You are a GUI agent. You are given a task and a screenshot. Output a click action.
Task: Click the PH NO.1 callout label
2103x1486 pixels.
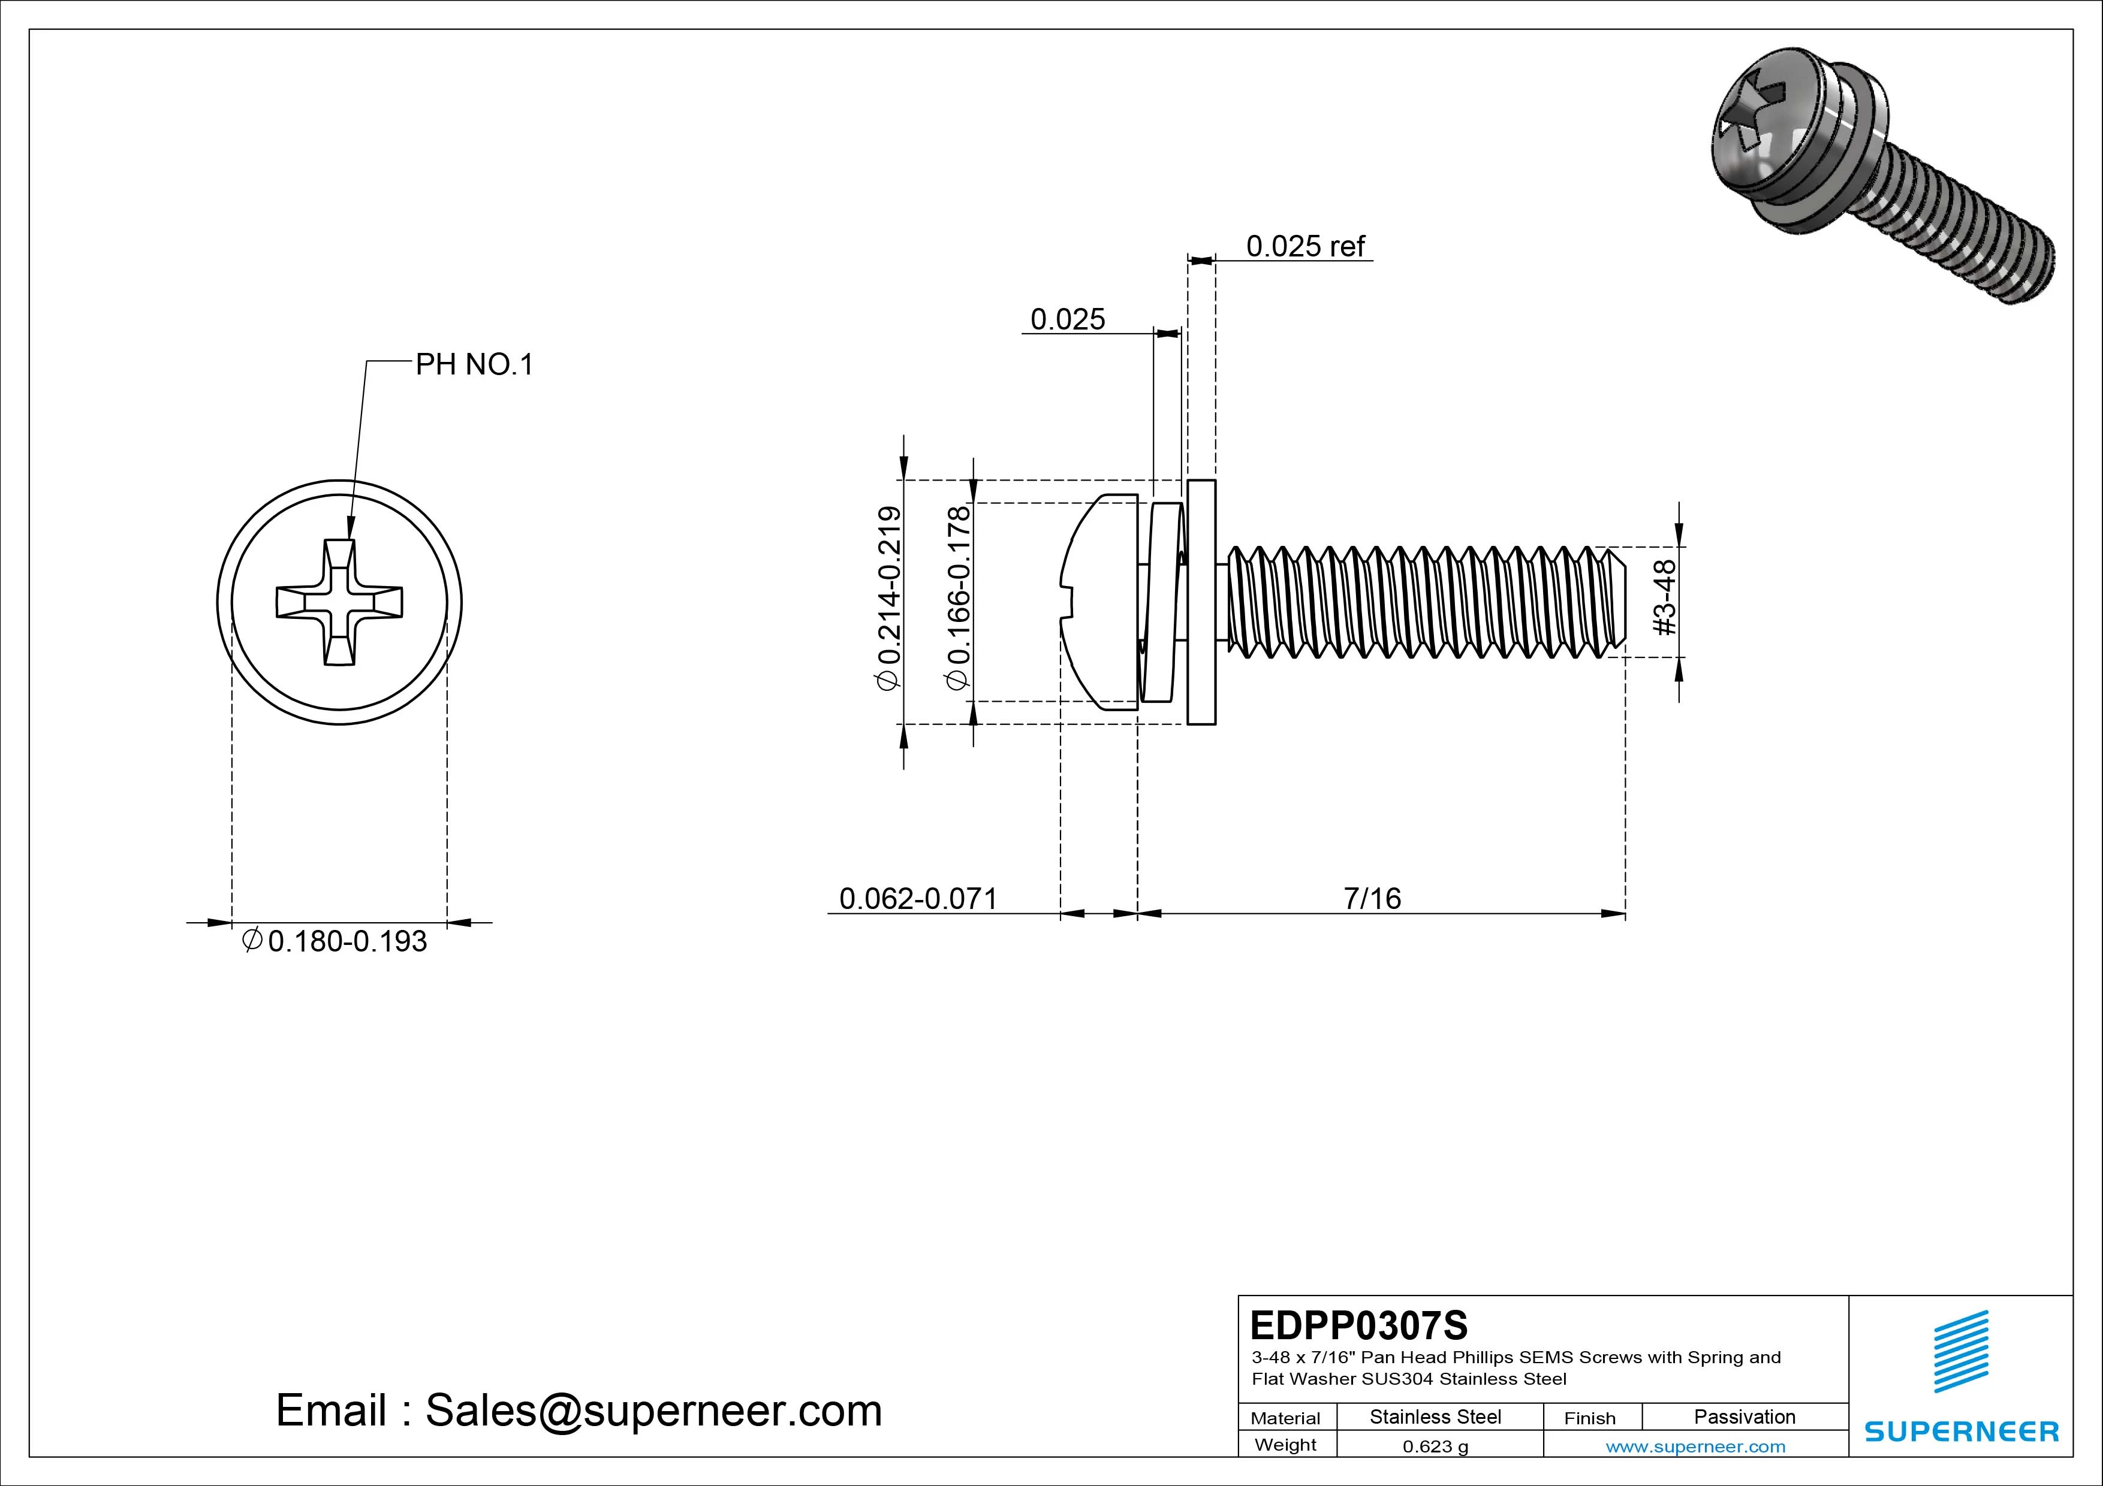pyautogui.click(x=474, y=366)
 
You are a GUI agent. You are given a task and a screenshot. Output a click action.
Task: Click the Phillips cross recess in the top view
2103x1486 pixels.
pyautogui.click(x=339, y=602)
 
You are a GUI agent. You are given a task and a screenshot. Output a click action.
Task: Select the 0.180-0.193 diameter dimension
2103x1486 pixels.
pyautogui.click(x=347, y=941)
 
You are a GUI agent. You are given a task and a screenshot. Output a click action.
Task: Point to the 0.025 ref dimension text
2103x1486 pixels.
pyautogui.click(x=1304, y=246)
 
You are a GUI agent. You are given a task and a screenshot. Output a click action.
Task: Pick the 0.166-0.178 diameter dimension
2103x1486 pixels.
pyautogui.click(x=958, y=598)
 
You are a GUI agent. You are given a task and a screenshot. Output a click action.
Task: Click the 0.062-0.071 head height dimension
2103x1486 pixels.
pyautogui.click(x=918, y=898)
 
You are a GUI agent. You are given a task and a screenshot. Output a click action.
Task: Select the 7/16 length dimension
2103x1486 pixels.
pyautogui.click(x=1371, y=898)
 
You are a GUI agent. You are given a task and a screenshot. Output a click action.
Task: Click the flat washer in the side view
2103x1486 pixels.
pyautogui.click(x=1201, y=602)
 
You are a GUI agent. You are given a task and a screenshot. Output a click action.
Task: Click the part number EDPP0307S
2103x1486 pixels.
pyautogui.click(x=1358, y=1325)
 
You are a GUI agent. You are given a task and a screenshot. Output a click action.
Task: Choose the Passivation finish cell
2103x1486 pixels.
pyautogui.click(x=1744, y=1416)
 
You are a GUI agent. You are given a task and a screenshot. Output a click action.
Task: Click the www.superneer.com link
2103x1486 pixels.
pyautogui.click(x=1695, y=1446)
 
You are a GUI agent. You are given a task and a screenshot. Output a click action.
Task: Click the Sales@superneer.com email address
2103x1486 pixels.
pyautogui.click(x=653, y=1411)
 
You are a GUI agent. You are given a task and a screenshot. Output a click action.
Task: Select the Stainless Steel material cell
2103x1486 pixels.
pyautogui.click(x=1435, y=1416)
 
